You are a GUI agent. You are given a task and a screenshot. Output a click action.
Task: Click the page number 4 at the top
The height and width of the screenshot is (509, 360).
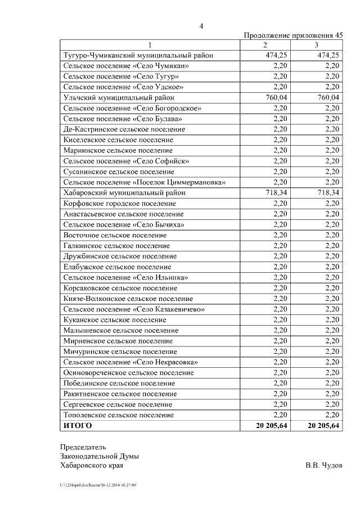point(201,25)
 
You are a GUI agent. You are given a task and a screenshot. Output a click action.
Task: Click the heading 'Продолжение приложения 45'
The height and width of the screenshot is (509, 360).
point(293,35)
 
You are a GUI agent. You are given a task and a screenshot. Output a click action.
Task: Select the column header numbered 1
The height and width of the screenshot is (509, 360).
point(150,45)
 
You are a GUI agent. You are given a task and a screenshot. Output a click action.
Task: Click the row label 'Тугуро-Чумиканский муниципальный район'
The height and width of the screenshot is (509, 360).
point(138,55)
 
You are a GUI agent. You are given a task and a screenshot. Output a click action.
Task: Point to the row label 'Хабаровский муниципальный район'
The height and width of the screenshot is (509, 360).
point(124,192)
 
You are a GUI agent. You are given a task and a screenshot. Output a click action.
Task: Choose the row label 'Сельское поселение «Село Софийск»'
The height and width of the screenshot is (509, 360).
point(126,161)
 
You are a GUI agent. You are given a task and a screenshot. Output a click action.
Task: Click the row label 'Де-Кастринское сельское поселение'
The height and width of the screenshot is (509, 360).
point(124,129)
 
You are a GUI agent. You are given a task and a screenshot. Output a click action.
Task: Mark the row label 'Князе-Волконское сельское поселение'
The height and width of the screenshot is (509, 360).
point(128,298)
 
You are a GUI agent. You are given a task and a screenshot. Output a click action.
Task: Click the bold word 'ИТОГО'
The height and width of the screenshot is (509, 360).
point(78,425)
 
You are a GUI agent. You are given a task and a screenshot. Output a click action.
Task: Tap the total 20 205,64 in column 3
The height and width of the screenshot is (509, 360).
point(324,425)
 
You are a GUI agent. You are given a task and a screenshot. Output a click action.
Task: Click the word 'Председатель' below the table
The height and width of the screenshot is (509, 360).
point(83,447)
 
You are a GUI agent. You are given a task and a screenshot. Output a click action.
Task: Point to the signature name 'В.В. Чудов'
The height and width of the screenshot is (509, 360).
point(323,465)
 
